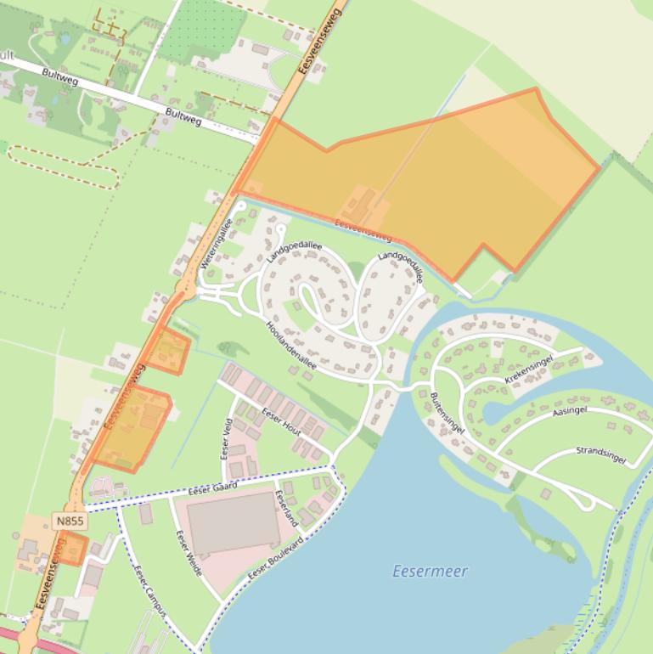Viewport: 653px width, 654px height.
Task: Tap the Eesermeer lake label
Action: coord(430,572)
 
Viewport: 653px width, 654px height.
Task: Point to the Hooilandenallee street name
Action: coord(291,345)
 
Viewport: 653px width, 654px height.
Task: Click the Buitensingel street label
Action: coord(447,414)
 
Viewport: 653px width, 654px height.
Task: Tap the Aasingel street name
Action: coord(570,411)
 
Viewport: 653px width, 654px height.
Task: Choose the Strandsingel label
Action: coord(600,454)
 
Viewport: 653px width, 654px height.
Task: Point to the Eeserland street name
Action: coord(287,508)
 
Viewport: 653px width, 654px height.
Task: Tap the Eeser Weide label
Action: coord(189,553)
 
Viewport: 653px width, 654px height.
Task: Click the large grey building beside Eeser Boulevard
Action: coord(233,522)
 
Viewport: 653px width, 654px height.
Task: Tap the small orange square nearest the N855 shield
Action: coord(72,548)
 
